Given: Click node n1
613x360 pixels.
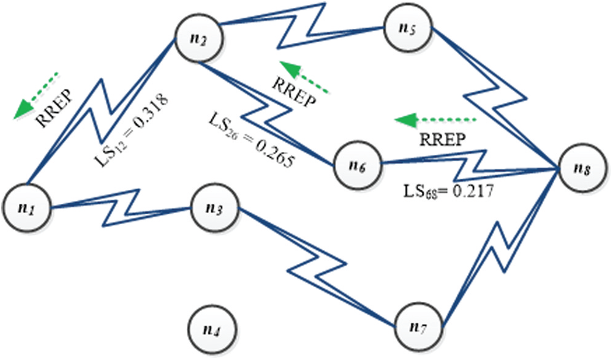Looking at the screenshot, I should [26, 207].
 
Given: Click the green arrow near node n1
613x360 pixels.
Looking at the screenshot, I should [36, 94].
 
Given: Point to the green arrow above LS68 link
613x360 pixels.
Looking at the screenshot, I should [435, 119].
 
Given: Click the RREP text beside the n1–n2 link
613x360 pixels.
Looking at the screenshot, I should [56, 108].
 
